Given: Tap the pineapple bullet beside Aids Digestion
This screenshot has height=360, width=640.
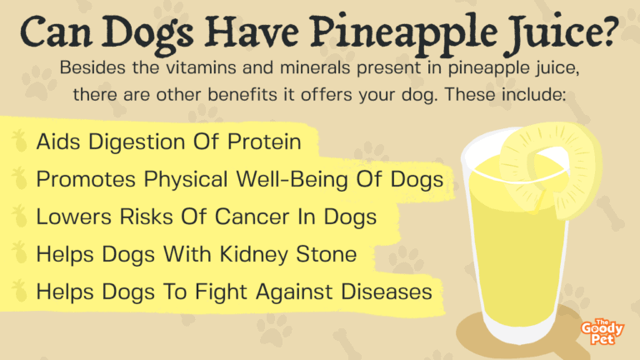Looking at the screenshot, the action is coord(19,141).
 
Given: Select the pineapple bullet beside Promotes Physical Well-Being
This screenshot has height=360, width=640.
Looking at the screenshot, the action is coord(19,178).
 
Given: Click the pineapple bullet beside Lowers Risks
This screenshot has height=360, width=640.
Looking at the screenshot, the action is coord(19,216).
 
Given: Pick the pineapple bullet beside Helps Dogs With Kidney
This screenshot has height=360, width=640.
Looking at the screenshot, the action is coord(19,253).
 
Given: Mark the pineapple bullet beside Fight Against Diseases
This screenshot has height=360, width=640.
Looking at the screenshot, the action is coord(19,291).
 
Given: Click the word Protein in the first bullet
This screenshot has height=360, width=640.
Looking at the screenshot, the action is coord(264,142).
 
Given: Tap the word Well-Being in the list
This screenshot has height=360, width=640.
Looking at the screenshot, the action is coord(292,180).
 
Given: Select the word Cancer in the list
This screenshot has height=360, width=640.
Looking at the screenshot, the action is coord(252,217).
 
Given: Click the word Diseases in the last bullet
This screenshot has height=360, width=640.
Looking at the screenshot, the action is coord(386,292).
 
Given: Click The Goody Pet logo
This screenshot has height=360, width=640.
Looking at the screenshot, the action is coord(602,332).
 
